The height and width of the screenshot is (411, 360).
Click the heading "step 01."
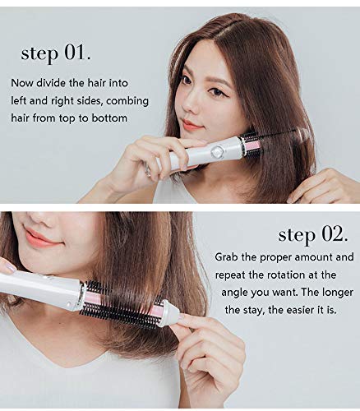[56, 53]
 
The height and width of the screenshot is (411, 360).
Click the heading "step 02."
[313, 235]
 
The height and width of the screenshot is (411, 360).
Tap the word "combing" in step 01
[127, 101]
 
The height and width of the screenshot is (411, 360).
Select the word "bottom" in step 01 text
[109, 118]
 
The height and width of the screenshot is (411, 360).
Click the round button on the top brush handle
[218, 150]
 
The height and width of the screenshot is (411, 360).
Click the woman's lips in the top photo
[191, 125]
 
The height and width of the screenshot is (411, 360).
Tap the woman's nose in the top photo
[190, 105]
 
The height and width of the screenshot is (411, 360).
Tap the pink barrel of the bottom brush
[122, 303]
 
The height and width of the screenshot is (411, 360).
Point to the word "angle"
[234, 293]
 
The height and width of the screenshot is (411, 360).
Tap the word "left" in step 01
[19, 101]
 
